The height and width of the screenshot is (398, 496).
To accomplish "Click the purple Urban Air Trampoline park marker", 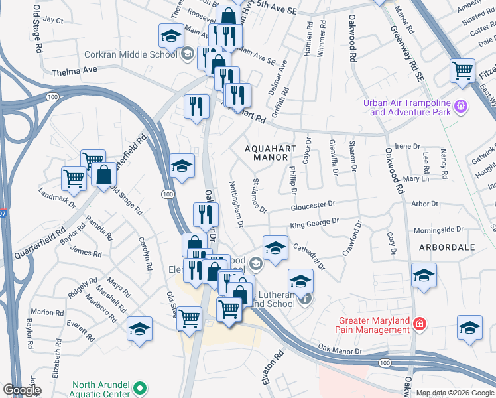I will pyautogui.click(x=462, y=105).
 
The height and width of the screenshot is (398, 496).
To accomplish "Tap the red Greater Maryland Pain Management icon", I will pyautogui.click(x=419, y=324).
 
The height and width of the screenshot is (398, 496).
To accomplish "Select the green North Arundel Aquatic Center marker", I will pyautogui.click(x=140, y=387).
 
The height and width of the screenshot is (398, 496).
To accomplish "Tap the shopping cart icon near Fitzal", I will pyautogui.click(x=463, y=70).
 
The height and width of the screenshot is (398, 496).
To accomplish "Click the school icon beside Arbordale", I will pyautogui.click(x=424, y=274).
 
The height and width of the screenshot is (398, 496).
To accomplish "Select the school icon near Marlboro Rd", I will pyautogui.click(x=139, y=329).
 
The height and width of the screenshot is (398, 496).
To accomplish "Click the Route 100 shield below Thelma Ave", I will pyautogui.click(x=52, y=97).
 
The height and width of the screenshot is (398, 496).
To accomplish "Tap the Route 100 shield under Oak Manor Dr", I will pyautogui.click(x=385, y=363).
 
